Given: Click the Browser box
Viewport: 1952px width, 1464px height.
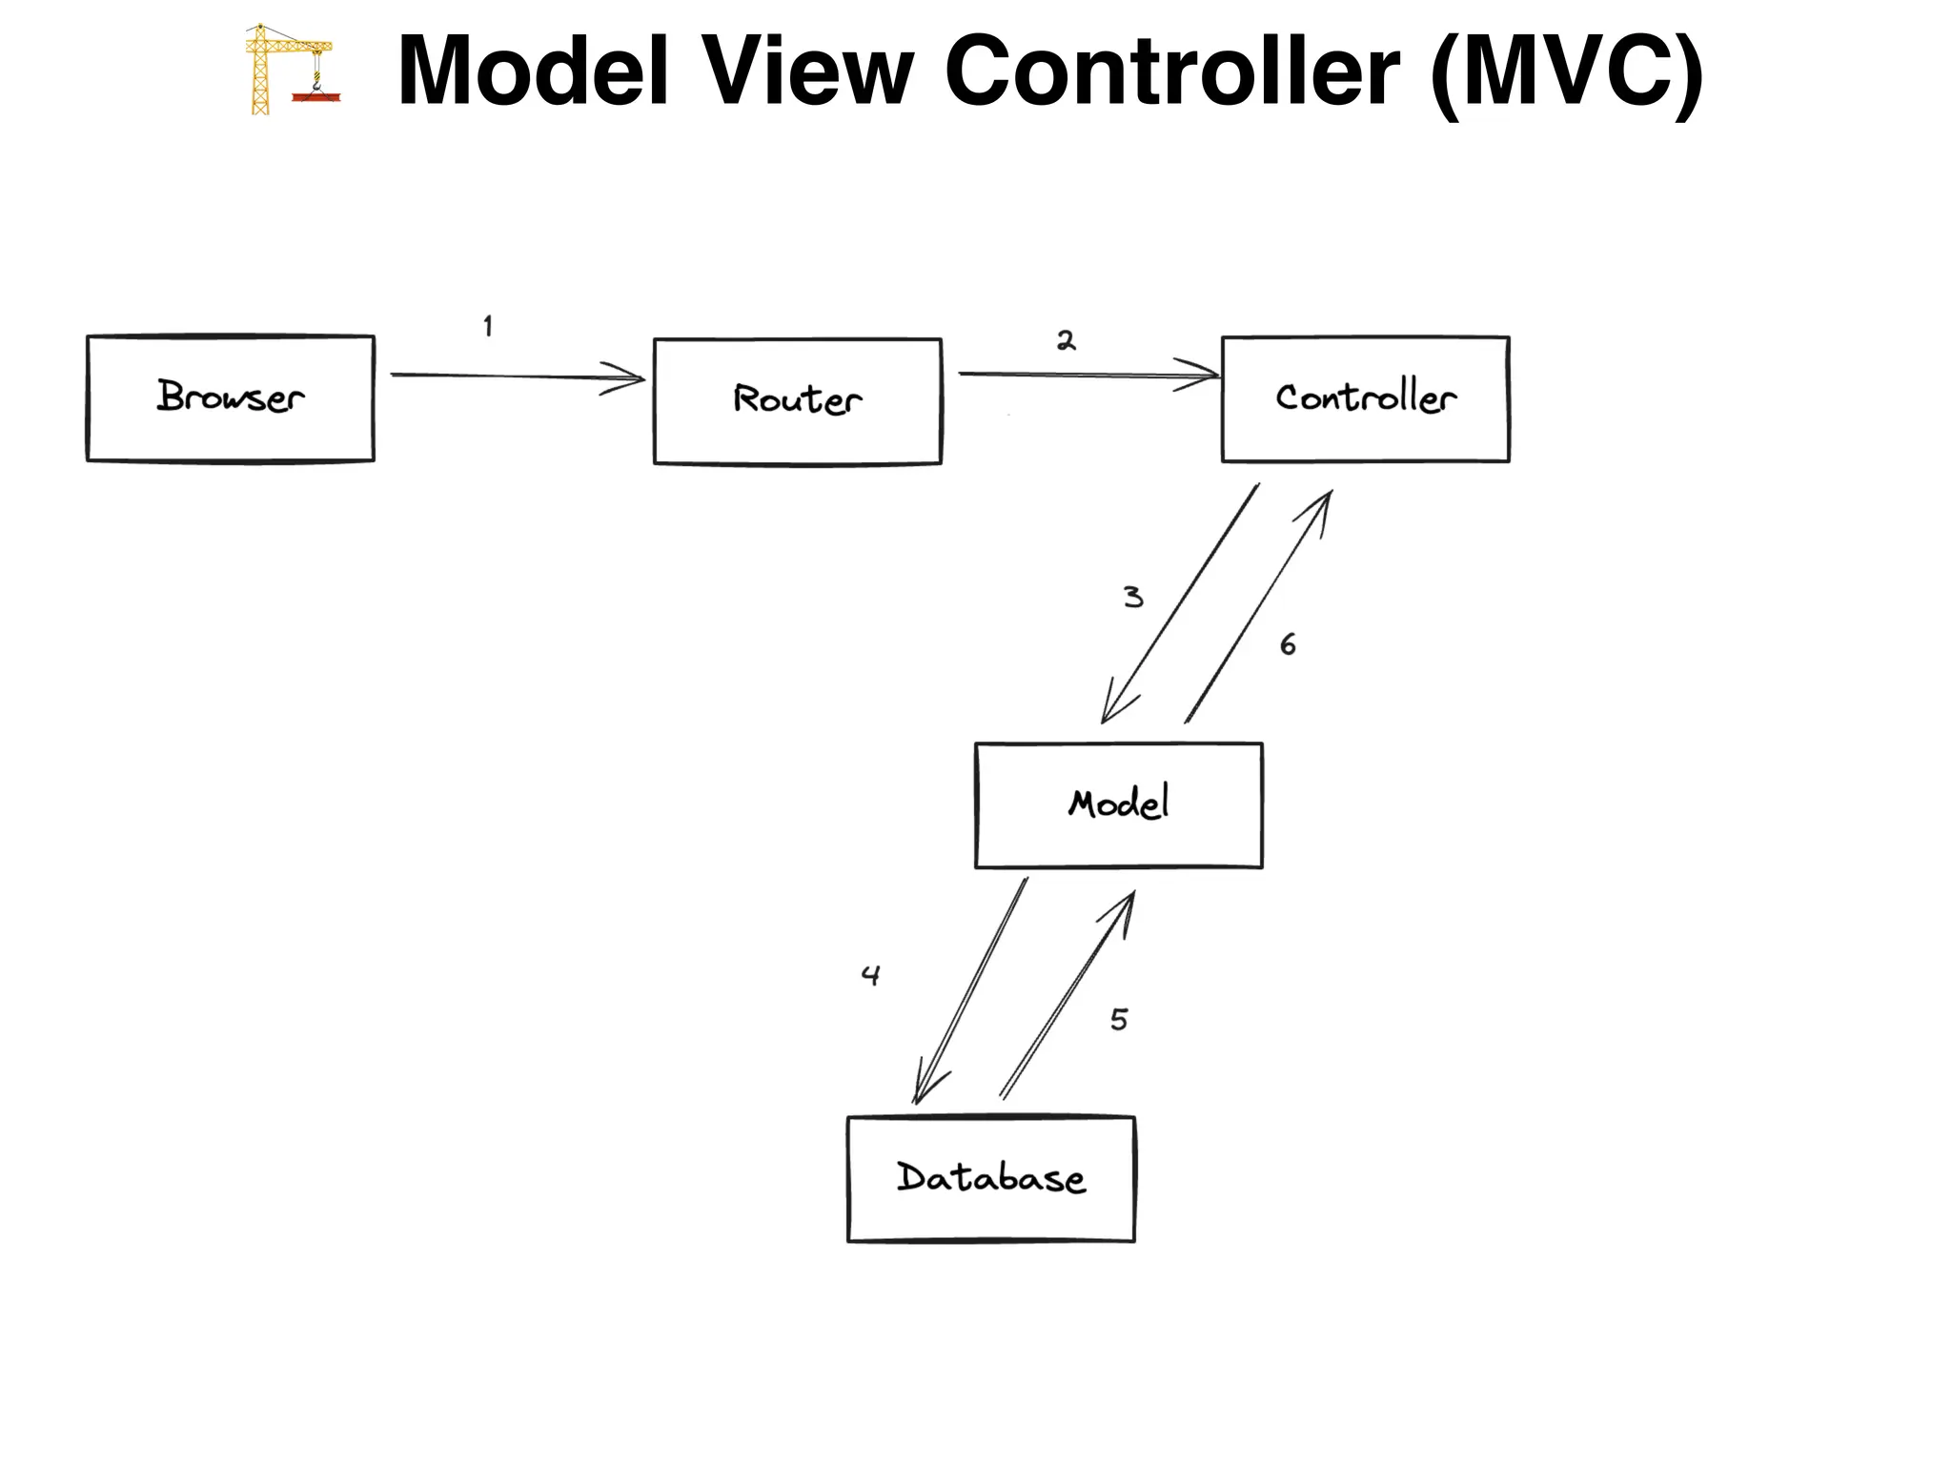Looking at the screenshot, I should [230, 398].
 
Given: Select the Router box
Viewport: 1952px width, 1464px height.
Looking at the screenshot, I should [797, 401].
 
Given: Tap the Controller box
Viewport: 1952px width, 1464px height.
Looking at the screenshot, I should [1365, 399].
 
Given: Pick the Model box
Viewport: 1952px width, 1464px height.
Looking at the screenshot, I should [1118, 805].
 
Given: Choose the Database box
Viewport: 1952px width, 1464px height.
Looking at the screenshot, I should [990, 1179].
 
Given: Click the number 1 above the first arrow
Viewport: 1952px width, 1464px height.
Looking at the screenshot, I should [488, 327].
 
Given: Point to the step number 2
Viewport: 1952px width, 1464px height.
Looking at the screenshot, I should [1066, 341].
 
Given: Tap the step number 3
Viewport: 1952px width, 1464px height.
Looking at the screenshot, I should [1132, 598].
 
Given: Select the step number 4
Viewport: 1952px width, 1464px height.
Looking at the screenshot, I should [870, 975].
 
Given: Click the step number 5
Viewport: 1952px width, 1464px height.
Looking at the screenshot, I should [1119, 1020].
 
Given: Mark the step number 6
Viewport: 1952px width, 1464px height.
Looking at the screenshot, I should [1288, 645].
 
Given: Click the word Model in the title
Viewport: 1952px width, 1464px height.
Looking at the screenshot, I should [533, 71].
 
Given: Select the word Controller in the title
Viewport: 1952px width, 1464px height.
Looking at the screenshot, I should [1171, 71].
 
